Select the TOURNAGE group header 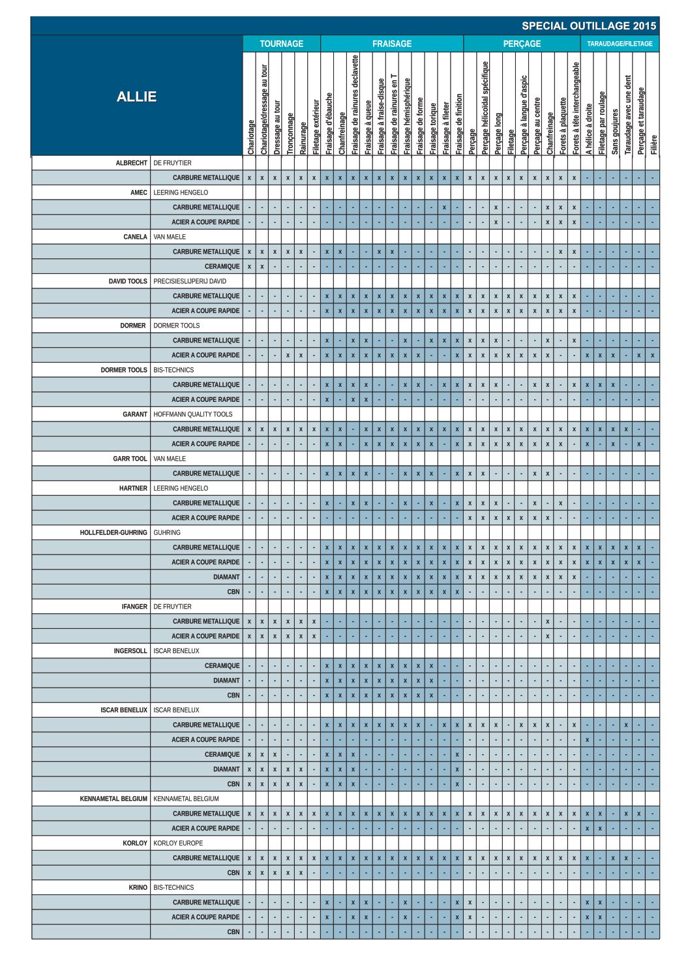pyautogui.click(x=281, y=44)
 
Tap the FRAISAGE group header pyautogui.click(x=391, y=44)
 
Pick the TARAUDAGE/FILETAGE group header pyautogui.click(x=619, y=44)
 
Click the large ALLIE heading pyautogui.click(x=136, y=97)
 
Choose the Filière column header pyautogui.click(x=653, y=144)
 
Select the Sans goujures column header pyautogui.click(x=614, y=132)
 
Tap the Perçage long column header pyautogui.click(x=498, y=133)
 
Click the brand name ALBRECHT pyautogui.click(x=132, y=163)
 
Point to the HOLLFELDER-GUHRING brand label pyautogui.click(x=113, y=532)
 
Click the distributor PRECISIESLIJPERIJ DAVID pyautogui.click(x=190, y=281)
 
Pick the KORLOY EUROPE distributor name pyautogui.click(x=178, y=843)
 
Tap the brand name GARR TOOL pyautogui.click(x=130, y=459)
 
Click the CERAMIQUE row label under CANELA pyautogui.click(x=222, y=266)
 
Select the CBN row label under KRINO pyautogui.click(x=233, y=932)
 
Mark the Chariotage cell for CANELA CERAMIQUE pyautogui.click(x=249, y=266)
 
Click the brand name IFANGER pyautogui.click(x=134, y=607)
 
